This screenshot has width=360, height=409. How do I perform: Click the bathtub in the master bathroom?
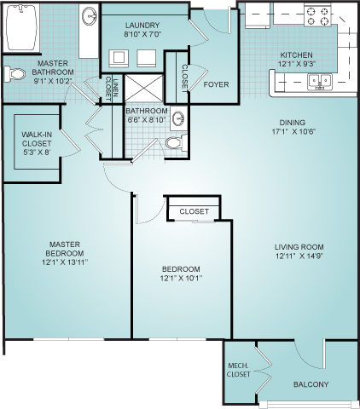[x=21, y=27]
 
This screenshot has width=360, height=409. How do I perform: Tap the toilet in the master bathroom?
[x=15, y=74]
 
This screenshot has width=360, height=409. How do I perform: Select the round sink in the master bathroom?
[x=90, y=15]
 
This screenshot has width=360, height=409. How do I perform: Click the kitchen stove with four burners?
[x=317, y=15]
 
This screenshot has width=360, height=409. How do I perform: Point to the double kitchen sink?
[x=320, y=82]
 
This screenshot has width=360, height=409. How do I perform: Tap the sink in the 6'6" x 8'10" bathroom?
[x=178, y=118]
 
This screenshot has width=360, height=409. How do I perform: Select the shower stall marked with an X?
[x=144, y=88]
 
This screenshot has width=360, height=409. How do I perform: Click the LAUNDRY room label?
[x=142, y=26]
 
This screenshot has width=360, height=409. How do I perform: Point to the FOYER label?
[x=216, y=84]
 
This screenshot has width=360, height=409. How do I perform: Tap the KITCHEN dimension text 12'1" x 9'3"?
[x=297, y=64]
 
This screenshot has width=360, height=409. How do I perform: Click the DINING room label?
[x=293, y=123]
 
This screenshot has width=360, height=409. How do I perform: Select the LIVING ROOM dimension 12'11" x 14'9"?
[x=299, y=256]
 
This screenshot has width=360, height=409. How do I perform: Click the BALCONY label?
[x=311, y=384]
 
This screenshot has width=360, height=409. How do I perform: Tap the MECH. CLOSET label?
[x=239, y=370]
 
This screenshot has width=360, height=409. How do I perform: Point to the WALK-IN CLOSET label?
[x=37, y=143]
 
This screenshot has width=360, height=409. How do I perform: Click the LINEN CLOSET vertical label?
[x=112, y=89]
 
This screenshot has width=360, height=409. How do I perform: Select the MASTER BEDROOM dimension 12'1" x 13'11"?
[x=65, y=262]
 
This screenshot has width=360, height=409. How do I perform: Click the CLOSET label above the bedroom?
[x=195, y=211]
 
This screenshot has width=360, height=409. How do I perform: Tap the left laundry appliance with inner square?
[x=119, y=58]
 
